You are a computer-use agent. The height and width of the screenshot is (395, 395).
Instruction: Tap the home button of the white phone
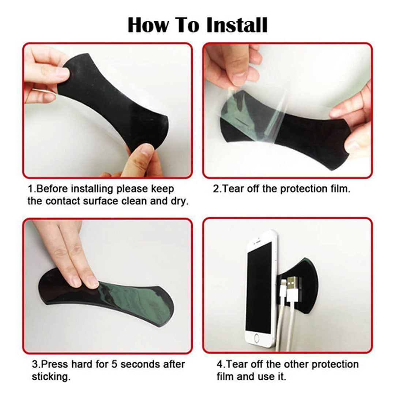(x=256, y=338)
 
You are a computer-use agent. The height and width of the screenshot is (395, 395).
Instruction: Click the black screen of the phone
(x=259, y=287)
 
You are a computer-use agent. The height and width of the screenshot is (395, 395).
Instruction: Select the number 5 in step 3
(x=114, y=364)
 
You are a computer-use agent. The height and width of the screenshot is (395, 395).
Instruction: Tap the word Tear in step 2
(x=233, y=189)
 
